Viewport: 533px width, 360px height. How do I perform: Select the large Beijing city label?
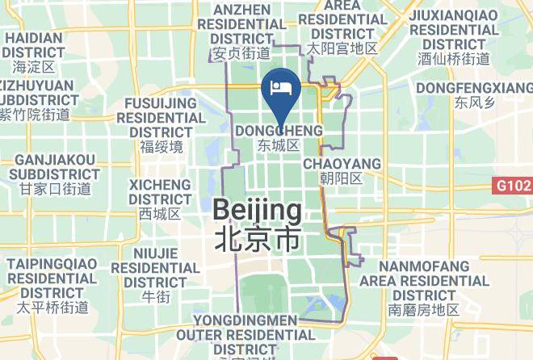point(258,211)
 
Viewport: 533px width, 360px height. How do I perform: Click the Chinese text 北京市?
point(258,240)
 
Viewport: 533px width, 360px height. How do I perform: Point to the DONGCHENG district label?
point(279,131)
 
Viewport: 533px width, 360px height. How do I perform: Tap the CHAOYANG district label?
point(342,164)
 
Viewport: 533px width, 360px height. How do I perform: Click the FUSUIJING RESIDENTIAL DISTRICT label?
point(162,117)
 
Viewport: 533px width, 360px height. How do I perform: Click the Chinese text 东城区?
point(279,146)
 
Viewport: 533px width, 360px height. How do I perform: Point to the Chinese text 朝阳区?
point(342,178)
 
